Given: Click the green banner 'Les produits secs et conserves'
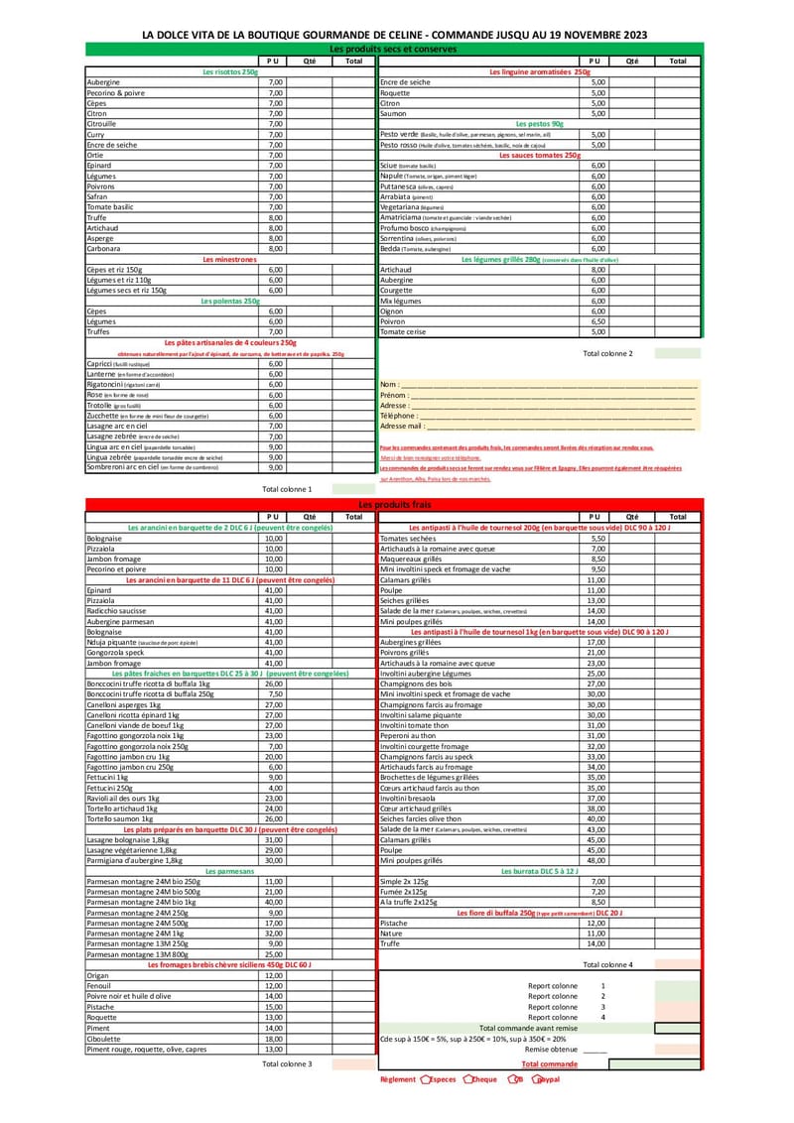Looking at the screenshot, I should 392,49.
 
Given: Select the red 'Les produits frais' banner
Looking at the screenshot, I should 392,505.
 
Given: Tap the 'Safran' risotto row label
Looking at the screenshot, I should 97,196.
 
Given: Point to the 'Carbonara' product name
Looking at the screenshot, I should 103,248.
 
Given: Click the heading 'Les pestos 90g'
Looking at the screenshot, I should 539,123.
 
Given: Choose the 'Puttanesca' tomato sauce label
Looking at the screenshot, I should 403,186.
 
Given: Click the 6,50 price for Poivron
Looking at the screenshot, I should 598,321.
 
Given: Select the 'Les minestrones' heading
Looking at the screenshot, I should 229,259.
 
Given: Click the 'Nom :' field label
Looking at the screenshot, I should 390,384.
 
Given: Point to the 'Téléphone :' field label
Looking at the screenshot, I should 398,416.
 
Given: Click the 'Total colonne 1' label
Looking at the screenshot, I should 287,489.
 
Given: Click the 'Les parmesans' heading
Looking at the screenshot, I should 229,870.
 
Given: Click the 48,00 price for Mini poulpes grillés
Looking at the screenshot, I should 595,860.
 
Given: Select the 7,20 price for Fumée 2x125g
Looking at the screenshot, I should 597,891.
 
